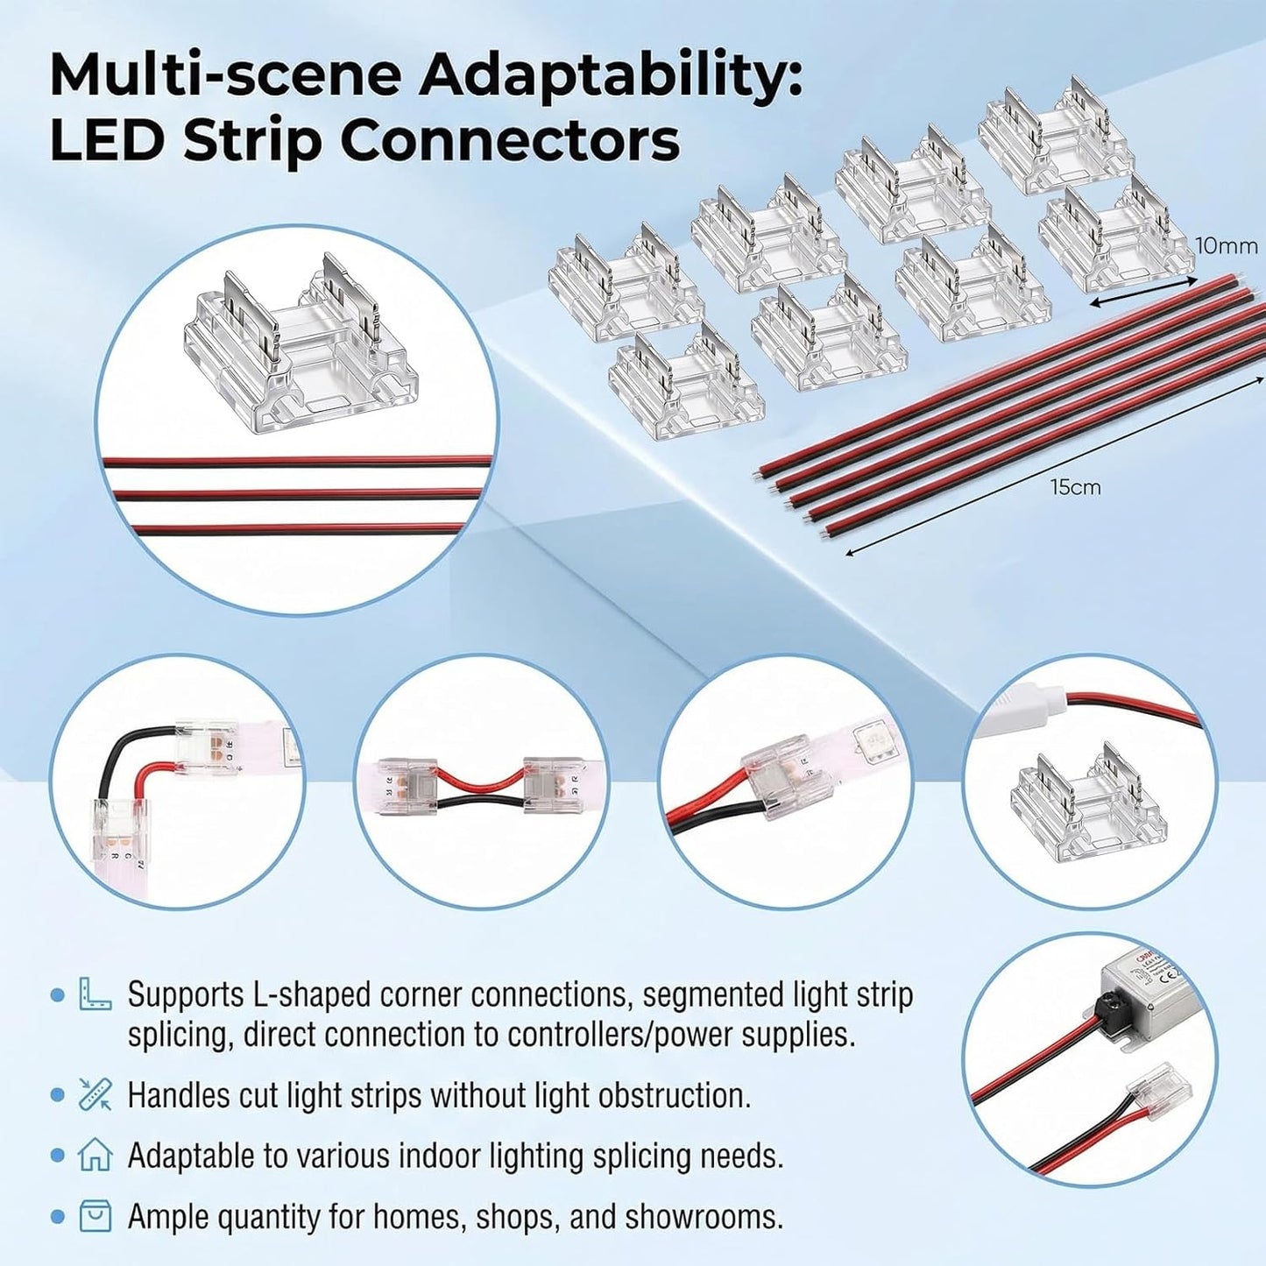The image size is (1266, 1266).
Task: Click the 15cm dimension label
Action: (x=1076, y=487)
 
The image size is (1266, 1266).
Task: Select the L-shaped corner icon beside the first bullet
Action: (x=95, y=994)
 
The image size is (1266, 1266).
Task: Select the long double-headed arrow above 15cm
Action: (x=1055, y=466)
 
